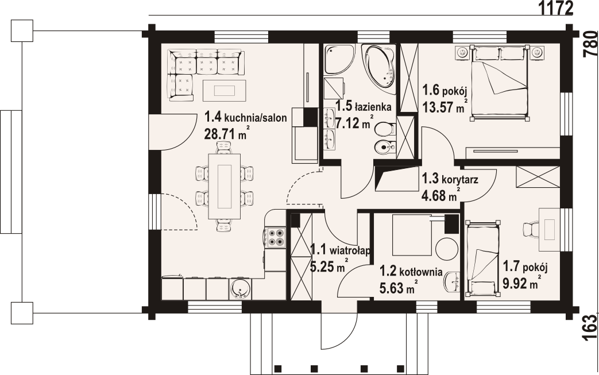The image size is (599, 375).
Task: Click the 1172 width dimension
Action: coord(556,7)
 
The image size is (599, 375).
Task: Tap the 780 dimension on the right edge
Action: coord(590,43)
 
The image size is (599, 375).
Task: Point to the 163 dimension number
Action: coord(590,327)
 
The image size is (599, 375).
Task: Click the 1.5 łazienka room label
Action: coord(363,107)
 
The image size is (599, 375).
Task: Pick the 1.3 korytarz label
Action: coord(450,179)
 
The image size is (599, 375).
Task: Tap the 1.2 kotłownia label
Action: coord(411,272)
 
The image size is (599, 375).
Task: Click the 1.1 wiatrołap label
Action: coord(340,250)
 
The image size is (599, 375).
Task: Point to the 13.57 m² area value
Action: coord(445,107)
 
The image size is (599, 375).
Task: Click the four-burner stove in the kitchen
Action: coord(276,237)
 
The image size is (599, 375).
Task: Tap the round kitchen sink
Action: coord(241,289)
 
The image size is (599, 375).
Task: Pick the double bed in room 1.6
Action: coord(500,83)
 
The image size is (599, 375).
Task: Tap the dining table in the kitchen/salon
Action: coord(224,186)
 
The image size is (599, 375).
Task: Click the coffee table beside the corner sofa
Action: coord(224,91)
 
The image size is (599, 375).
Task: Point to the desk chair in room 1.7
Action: coord(531,230)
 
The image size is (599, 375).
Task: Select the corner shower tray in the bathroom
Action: coord(337,59)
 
